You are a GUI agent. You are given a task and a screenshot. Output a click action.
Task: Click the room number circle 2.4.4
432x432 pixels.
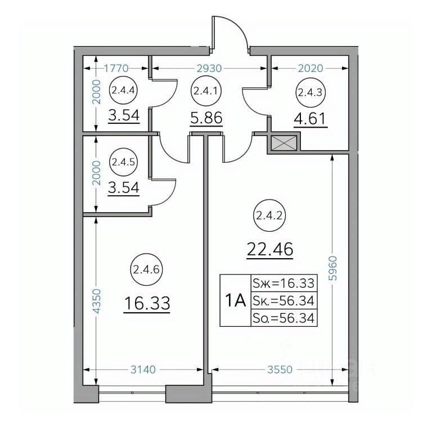tap(124, 91)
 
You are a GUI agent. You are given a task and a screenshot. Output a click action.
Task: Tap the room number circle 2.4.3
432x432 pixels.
tap(310, 93)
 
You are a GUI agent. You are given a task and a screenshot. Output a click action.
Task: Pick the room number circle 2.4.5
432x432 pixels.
tap(123, 162)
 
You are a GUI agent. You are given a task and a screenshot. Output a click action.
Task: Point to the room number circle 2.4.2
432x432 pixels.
tap(269, 216)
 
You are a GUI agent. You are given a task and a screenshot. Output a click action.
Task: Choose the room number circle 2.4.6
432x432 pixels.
tap(147, 270)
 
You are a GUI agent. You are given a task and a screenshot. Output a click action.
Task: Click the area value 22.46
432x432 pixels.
tap(270, 250)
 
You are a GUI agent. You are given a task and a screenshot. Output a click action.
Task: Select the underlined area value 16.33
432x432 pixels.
tap(147, 303)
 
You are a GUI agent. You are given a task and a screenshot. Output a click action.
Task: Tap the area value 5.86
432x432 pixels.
tap(206, 118)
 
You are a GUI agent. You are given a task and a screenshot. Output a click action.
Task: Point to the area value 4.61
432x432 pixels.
tap(310, 119)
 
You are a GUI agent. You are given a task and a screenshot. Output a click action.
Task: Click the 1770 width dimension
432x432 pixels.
tap(116, 67)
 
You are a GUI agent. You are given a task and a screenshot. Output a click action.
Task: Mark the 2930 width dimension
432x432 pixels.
tap(209, 68)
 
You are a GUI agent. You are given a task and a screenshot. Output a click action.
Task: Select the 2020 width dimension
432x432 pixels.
tap(310, 68)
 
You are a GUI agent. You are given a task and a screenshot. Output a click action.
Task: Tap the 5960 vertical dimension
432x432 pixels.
tap(334, 268)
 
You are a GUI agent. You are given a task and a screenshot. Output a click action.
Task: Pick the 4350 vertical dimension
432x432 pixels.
tap(97, 301)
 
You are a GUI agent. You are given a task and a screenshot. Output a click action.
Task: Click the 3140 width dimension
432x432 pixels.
tap(143, 370)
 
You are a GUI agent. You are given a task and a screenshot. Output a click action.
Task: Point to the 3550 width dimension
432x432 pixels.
tap(280, 370)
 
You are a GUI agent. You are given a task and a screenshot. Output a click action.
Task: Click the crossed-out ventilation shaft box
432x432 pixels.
tap(284, 143)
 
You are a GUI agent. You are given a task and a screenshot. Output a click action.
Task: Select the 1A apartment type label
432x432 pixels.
tap(235, 300)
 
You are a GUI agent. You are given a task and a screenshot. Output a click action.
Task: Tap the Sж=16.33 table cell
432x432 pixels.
tap(284, 283)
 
